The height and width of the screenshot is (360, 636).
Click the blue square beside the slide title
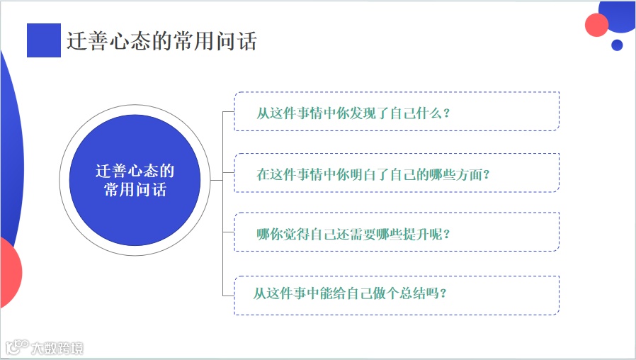coord(44,40)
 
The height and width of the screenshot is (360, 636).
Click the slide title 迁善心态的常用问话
coord(161,41)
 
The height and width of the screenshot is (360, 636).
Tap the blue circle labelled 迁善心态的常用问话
coord(135,181)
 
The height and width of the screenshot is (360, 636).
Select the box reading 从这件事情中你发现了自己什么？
coord(397,111)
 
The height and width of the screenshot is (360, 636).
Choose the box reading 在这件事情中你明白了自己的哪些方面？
coord(397,173)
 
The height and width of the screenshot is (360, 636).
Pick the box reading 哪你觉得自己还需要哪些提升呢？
coord(397,232)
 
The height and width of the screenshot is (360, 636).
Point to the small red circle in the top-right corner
coord(597,25)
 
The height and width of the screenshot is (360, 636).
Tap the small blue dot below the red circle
coord(617,45)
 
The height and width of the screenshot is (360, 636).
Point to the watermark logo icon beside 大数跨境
coord(16,347)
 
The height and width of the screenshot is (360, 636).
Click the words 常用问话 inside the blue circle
coord(135,190)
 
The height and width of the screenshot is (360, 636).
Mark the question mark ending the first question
coord(445,113)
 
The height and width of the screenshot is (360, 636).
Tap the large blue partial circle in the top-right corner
coord(622,14)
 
